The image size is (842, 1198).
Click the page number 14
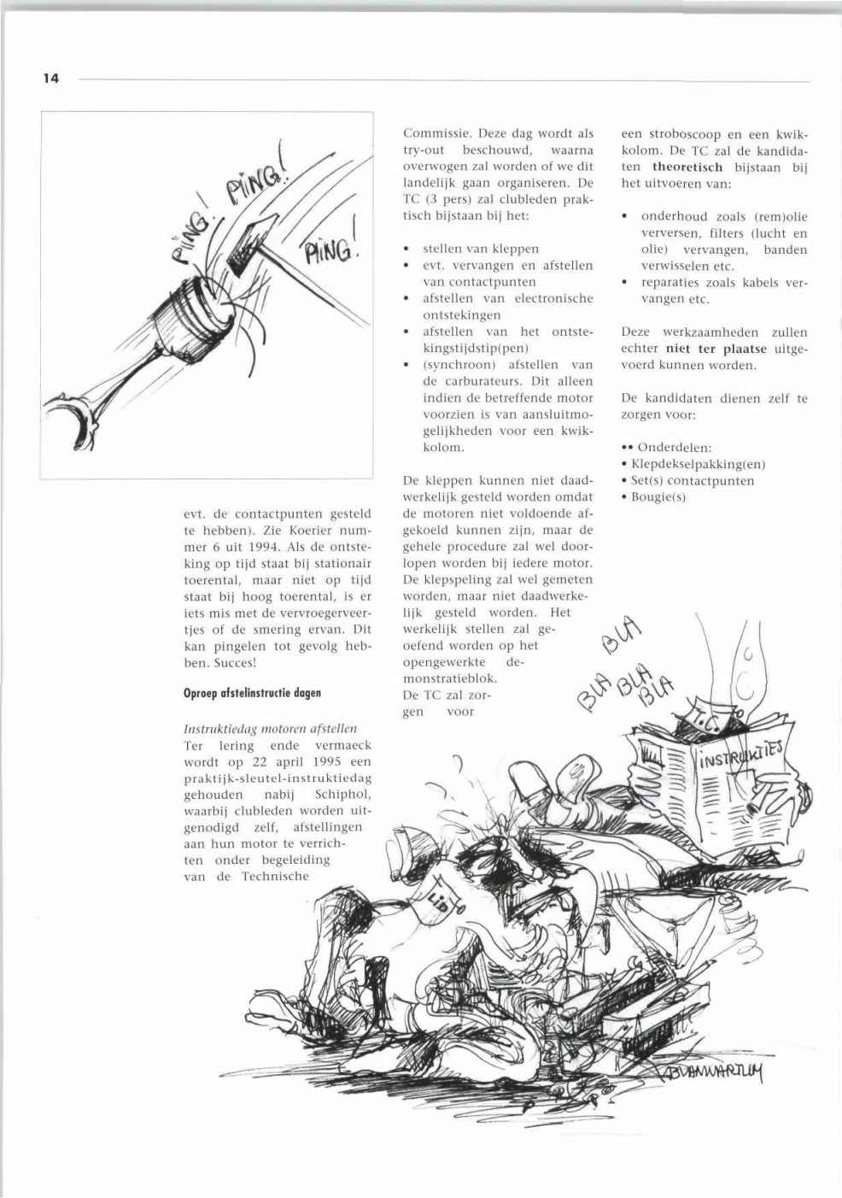51,79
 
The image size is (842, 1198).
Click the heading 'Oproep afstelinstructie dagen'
252,693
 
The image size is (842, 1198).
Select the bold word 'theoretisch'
687,167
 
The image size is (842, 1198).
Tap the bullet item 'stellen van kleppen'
481,249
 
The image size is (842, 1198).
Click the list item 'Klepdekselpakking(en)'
698,464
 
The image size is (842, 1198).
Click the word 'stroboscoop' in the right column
690,134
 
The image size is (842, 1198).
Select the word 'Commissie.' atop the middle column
436,134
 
